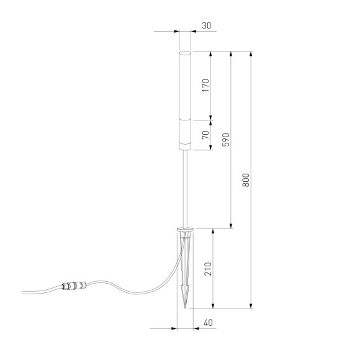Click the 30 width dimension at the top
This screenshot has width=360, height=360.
coord(207,26)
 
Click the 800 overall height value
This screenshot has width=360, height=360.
coord(246,180)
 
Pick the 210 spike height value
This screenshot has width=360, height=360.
coord(207,269)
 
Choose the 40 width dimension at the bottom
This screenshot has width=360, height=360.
coord(207,323)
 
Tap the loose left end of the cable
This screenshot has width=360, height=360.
coord(24,291)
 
